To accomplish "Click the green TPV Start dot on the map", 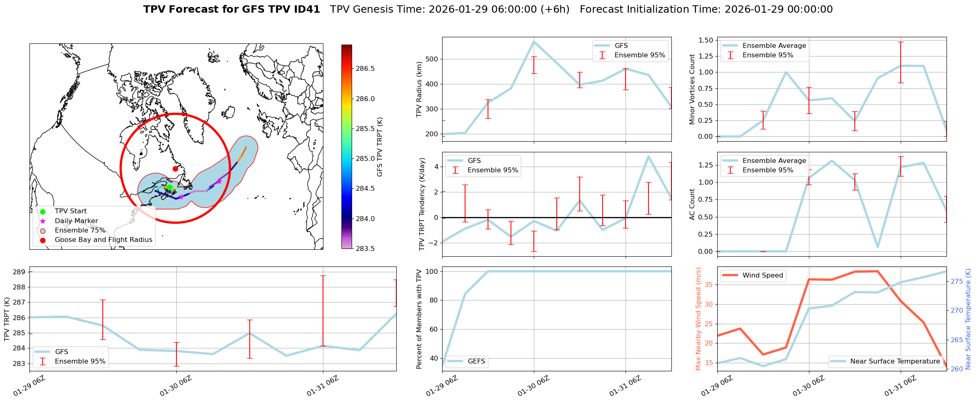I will pos(169,187).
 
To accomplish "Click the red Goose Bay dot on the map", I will pos(175,169).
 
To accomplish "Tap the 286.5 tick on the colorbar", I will pos(365,69).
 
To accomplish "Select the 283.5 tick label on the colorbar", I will pos(365,249).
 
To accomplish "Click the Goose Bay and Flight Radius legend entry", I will pos(103,240).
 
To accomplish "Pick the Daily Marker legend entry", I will pos(76,221).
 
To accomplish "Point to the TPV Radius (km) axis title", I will pos(419,90).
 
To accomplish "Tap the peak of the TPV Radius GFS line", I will pos(534,41).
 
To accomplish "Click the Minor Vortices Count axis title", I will pos(692,89).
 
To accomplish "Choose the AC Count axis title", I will pos(692,204).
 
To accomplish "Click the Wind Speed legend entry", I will pos(762,276).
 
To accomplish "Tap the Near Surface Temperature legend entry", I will pos(895,361).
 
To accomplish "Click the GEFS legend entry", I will pos(476,361).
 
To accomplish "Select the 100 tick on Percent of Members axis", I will pos(433,271).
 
